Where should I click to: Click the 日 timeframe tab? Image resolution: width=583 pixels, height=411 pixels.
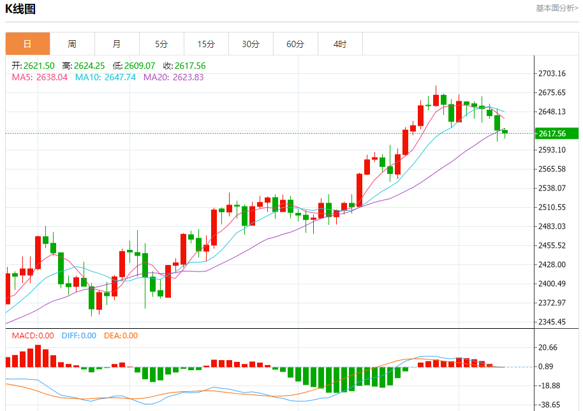point(27,44)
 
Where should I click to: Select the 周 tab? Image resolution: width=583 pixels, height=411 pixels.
point(72,44)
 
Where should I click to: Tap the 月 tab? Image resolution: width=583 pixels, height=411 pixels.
point(117,44)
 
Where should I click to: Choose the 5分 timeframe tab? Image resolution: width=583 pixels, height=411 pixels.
point(161,44)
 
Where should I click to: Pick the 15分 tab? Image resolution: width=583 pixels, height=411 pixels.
point(206,44)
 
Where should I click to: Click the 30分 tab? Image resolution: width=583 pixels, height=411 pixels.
point(251,44)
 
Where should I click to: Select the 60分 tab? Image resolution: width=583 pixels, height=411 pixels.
point(295,44)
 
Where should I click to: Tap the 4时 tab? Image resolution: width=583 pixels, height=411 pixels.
point(340,44)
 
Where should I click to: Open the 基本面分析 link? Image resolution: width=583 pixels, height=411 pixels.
point(557,8)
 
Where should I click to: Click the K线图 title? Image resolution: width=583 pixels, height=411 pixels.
point(20,9)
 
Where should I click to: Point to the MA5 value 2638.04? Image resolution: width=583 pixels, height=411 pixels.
point(54,77)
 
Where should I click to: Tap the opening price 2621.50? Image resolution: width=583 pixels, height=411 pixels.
point(40,66)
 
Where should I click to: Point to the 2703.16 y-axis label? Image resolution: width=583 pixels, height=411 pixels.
point(552,73)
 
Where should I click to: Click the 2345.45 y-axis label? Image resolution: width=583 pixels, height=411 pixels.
point(552,322)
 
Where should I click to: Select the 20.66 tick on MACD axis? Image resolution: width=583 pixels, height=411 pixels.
point(549,347)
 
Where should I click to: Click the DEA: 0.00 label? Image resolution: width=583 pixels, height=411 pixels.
point(121,336)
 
